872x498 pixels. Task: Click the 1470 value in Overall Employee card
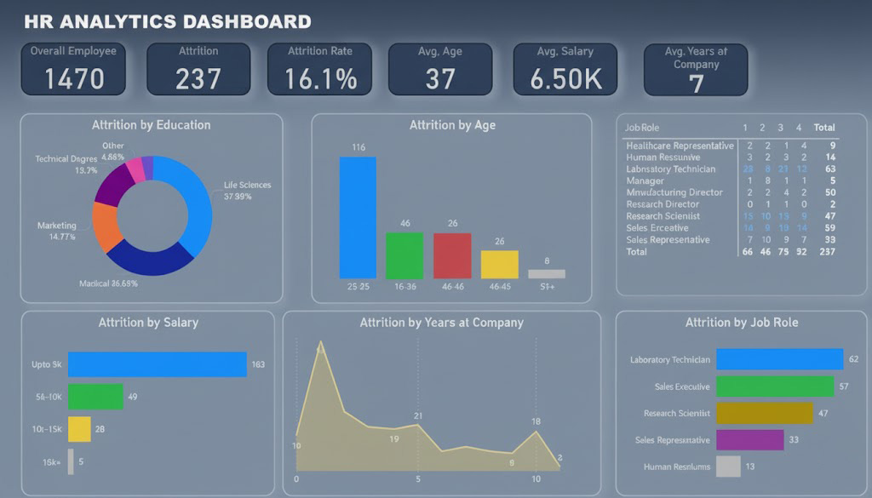click(74, 79)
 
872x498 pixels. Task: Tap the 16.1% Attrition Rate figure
click(319, 79)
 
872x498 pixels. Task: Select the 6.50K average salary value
click(565, 79)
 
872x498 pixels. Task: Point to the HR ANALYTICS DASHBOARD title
click(168, 21)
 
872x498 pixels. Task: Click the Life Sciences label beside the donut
click(247, 185)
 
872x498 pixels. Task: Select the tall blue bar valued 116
click(358, 217)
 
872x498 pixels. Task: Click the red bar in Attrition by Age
click(451, 255)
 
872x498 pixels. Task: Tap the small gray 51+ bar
click(546, 274)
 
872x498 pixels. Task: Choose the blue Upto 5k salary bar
click(157, 364)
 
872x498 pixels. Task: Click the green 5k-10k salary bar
click(95, 397)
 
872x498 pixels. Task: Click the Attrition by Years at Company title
click(441, 323)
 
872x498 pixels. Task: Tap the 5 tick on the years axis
click(418, 479)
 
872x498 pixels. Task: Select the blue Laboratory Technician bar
click(779, 359)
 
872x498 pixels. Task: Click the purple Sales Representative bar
click(749, 439)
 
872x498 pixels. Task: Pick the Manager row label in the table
click(645, 180)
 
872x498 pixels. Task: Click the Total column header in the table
click(823, 128)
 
